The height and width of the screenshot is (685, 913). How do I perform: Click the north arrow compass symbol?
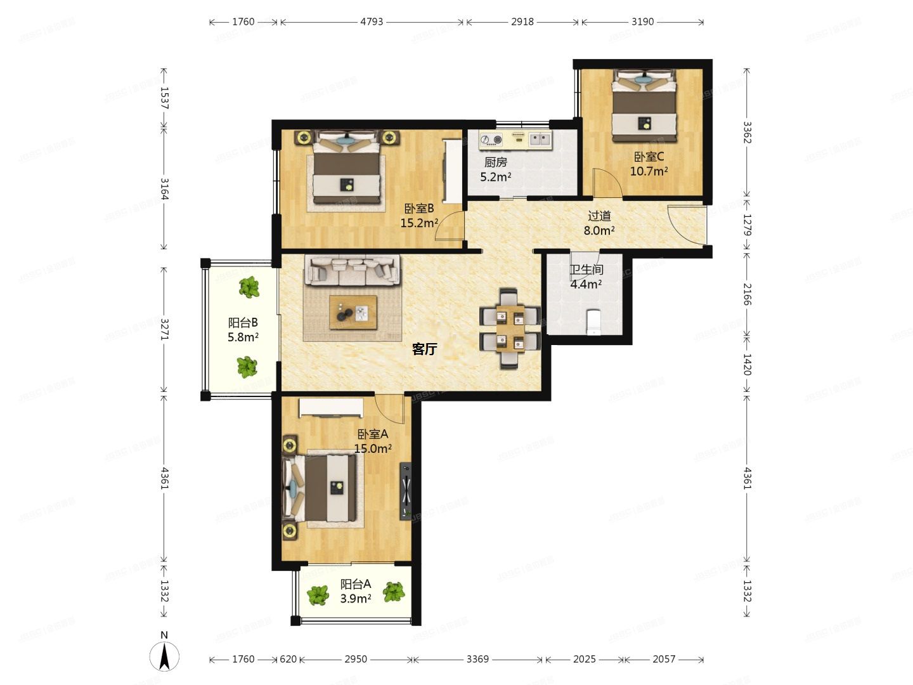164,656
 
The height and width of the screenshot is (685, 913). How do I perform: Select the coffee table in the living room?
353,312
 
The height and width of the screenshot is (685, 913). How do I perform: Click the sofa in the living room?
353,270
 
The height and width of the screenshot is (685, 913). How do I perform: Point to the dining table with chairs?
510,328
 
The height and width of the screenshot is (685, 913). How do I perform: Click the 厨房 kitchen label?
496,162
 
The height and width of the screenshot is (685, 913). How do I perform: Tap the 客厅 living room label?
424,349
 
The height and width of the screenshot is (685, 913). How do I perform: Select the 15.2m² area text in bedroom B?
419,223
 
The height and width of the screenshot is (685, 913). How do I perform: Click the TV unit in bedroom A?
405,491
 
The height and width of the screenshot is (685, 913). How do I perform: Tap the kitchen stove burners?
491,139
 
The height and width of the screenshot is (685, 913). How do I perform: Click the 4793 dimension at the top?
372,22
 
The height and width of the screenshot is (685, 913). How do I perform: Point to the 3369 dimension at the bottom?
477,659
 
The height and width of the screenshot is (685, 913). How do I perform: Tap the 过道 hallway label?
599,216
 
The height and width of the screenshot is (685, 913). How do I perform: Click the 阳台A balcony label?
355,584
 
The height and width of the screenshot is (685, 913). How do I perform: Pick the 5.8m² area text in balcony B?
243,337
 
